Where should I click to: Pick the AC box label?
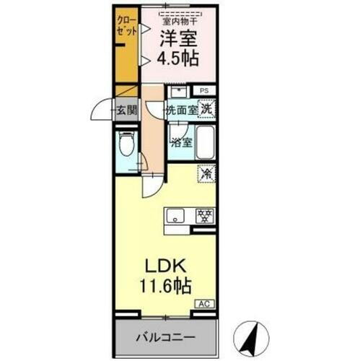pos(203,305)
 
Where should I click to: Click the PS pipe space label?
pos(206,90)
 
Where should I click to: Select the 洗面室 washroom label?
pos(180,110)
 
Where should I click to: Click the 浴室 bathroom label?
pos(180,142)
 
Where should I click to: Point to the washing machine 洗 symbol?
pos(207,109)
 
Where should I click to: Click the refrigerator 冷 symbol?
pos(206,173)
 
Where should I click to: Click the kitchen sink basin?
pos(177,215)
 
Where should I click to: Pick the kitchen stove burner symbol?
pos(204,215)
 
